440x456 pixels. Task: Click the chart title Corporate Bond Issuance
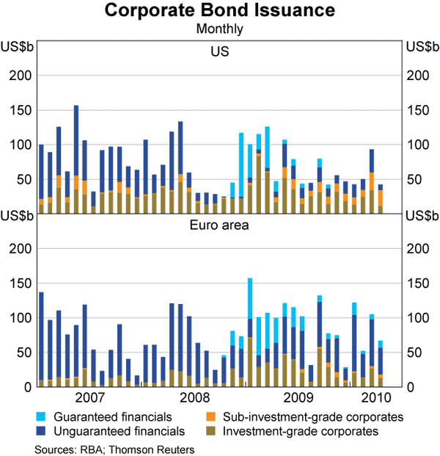point(220,11)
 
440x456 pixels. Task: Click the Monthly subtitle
point(220,30)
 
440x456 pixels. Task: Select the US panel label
point(220,52)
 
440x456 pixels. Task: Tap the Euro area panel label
point(220,225)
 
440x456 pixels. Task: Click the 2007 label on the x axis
point(89,399)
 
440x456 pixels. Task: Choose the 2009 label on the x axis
point(297,399)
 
